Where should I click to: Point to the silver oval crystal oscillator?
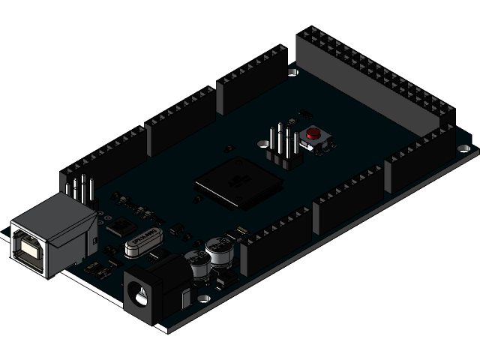[142, 241]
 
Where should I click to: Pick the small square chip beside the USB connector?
[118, 226]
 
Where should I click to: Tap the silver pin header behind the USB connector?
[78, 190]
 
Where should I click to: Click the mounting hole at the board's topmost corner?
[295, 72]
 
